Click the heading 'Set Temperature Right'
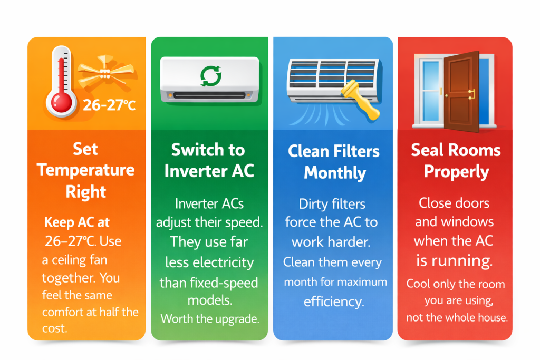(x=86, y=170)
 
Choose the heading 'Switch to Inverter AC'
(x=208, y=160)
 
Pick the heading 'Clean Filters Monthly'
(x=334, y=162)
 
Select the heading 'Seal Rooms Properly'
(x=456, y=161)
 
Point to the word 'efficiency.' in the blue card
(x=333, y=301)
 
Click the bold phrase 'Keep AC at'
(x=77, y=222)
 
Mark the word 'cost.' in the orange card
(x=55, y=328)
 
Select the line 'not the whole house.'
(x=456, y=317)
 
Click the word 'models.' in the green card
(x=209, y=300)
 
